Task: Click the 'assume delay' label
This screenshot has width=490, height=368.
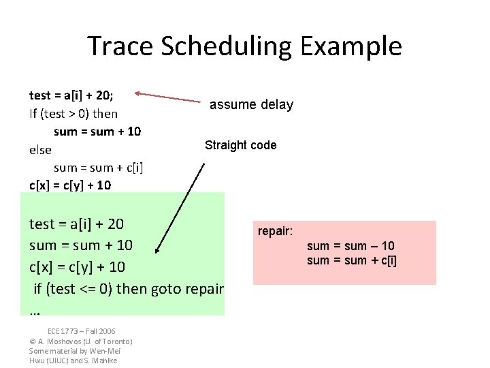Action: [x=251, y=104]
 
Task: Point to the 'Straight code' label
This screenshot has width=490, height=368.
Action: [x=240, y=145]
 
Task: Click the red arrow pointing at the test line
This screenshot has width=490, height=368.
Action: [x=170, y=97]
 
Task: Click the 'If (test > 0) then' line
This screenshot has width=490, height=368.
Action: [x=73, y=113]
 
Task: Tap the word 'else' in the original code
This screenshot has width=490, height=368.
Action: [x=41, y=149]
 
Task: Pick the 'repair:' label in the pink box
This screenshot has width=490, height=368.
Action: [x=275, y=232]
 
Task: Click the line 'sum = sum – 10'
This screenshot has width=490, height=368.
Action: [x=350, y=246]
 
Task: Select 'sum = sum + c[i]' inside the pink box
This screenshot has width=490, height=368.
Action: [x=352, y=260]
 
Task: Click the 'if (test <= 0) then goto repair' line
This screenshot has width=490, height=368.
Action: [x=129, y=288]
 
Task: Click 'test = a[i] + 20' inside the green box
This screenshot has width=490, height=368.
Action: [x=76, y=224]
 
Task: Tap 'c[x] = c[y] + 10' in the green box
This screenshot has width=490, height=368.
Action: [x=78, y=266]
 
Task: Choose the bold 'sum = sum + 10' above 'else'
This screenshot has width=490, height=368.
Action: [x=97, y=132]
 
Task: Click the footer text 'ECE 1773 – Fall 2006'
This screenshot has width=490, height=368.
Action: [x=81, y=331]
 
